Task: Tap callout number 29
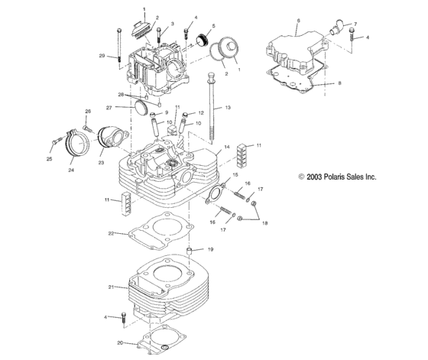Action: coord(102,56)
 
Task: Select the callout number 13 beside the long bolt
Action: coord(226,109)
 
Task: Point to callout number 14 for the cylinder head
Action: coord(226,146)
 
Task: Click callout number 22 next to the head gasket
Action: coord(111,233)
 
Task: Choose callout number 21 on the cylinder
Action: coord(111,287)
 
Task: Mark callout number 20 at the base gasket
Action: coord(120,343)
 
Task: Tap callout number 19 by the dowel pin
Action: coord(212,250)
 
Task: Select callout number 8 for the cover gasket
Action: coord(339,82)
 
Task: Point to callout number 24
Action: coord(71,170)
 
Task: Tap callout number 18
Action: coord(266,222)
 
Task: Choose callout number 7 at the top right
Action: coord(354,24)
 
